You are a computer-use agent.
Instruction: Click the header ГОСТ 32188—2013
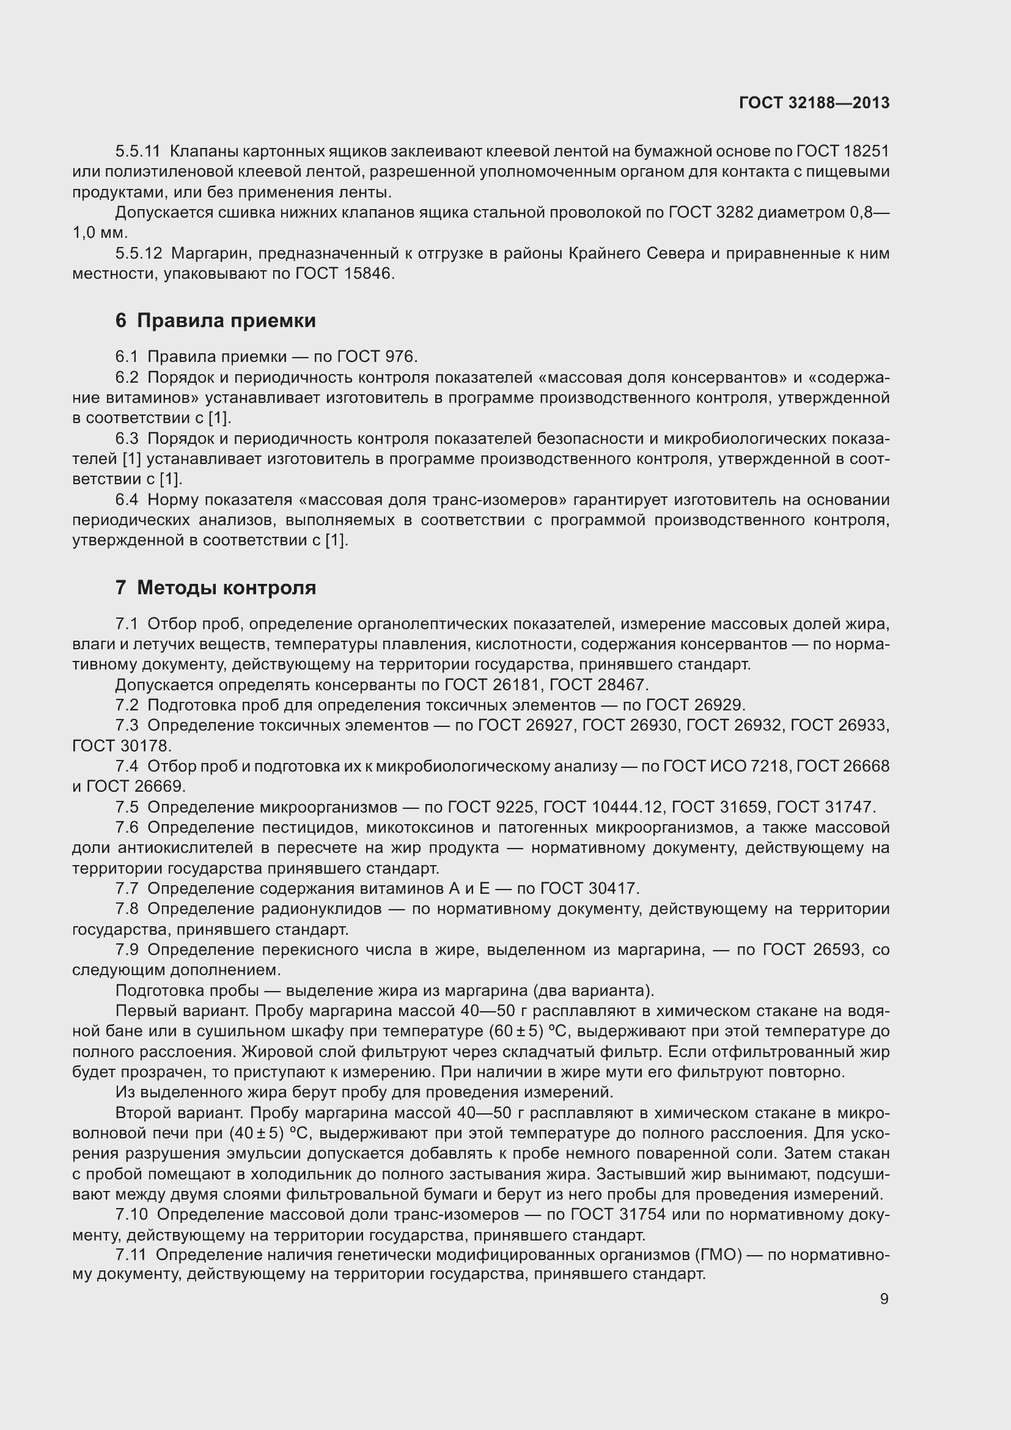(814, 103)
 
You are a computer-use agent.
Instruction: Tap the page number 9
(884, 1299)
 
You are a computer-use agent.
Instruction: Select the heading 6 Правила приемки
(215, 321)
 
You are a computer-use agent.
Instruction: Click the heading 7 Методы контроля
(215, 588)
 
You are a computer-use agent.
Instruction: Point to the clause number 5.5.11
(138, 152)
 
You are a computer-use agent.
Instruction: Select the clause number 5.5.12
(138, 254)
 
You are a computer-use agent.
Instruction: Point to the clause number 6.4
(127, 500)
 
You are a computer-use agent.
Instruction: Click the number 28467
(622, 685)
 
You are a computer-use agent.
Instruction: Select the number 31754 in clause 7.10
(643, 1215)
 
